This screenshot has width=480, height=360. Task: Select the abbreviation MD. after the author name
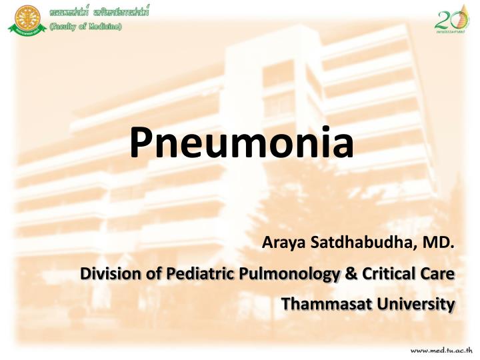pos(439,243)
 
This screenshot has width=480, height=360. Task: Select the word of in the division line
pos(143,274)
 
